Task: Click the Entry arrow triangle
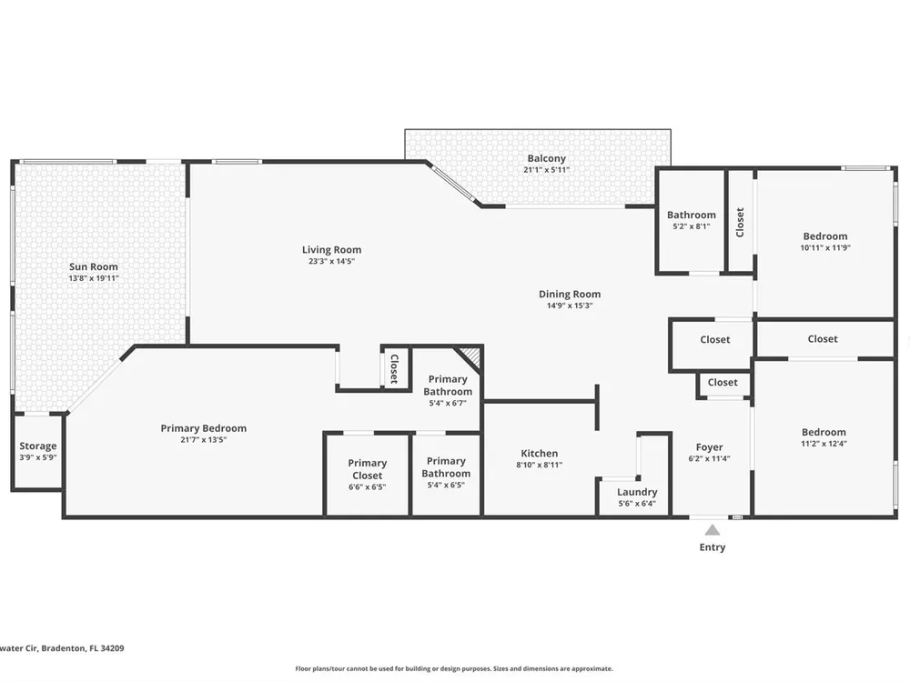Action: coord(713,529)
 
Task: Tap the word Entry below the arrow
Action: coord(713,547)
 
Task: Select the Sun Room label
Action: coord(94,266)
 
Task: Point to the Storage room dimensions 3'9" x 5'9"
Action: coord(37,457)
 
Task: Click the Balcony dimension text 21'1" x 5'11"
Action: coord(546,169)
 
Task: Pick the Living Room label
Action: coord(331,249)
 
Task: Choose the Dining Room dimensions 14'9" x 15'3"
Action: coord(570,305)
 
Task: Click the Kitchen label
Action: coord(539,453)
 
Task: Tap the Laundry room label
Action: coord(637,492)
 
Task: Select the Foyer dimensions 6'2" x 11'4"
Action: coord(709,458)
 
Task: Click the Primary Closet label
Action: coord(367,469)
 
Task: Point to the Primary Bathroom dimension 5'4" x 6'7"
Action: coord(448,403)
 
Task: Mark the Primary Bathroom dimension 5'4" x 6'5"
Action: coord(446,485)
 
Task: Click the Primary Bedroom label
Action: coord(203,428)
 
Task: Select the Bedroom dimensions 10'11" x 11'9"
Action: coord(824,247)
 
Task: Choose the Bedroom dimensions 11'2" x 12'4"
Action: coord(824,443)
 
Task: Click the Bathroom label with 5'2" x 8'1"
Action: coord(692,215)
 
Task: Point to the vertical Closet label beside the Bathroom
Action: coord(740,223)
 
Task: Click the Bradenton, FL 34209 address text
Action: coord(81,648)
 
